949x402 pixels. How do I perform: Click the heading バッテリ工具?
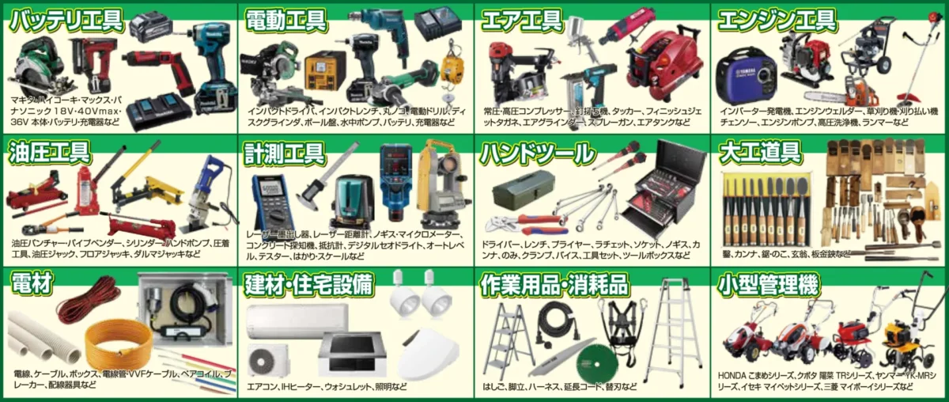click(65, 20)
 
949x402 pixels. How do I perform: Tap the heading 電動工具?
click(287, 20)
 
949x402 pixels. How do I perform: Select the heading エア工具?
click(522, 20)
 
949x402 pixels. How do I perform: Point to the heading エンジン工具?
click(777, 20)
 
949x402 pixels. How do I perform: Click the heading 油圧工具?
click(49, 151)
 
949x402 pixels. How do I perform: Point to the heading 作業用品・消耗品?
click(554, 284)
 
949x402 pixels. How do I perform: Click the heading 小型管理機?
click(769, 284)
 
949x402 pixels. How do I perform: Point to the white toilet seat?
click(427, 357)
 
